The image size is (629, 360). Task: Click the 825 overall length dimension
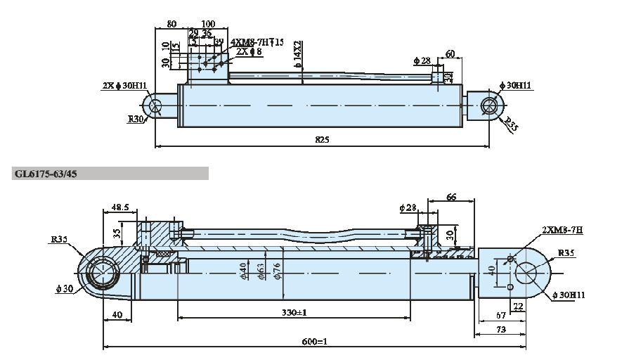coord(321,140)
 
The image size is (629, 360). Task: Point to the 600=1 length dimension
coord(314,342)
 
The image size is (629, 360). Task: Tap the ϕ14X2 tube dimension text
coord(299,55)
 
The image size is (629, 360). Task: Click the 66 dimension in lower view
coord(451,198)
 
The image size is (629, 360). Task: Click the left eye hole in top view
coord(155,105)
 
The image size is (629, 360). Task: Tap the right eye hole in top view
coord(489,105)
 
